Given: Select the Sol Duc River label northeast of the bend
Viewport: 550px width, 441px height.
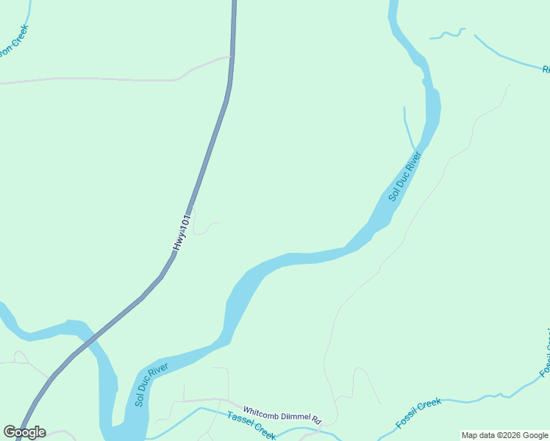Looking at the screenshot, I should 404,176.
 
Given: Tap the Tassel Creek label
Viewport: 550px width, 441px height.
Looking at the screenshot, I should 251,426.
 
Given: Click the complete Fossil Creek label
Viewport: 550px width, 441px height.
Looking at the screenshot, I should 418,414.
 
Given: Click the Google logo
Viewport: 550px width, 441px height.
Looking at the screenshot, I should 24,432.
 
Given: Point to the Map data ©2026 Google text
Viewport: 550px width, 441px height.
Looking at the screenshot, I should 504,435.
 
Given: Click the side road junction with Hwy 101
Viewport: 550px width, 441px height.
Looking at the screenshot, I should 230,57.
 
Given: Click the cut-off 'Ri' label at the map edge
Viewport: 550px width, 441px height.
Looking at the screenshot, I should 546,70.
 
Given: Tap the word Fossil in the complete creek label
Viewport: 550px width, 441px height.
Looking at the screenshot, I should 407,420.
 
